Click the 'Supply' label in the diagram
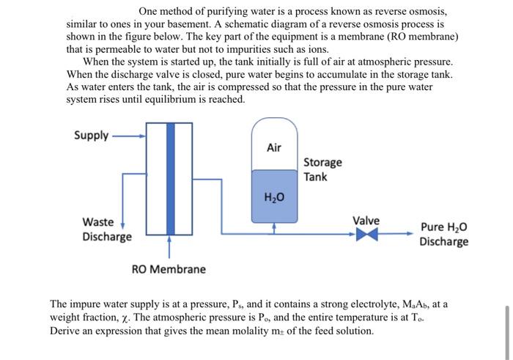pyautogui.click(x=91, y=135)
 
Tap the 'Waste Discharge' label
pyautogui.click(x=106, y=229)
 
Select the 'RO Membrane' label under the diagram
pyautogui.click(x=169, y=269)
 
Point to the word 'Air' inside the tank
pyautogui.click(x=274, y=147)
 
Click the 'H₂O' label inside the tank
pyautogui.click(x=274, y=197)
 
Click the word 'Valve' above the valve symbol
pyautogui.click(x=366, y=221)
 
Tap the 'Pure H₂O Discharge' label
pyautogui.click(x=443, y=234)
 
